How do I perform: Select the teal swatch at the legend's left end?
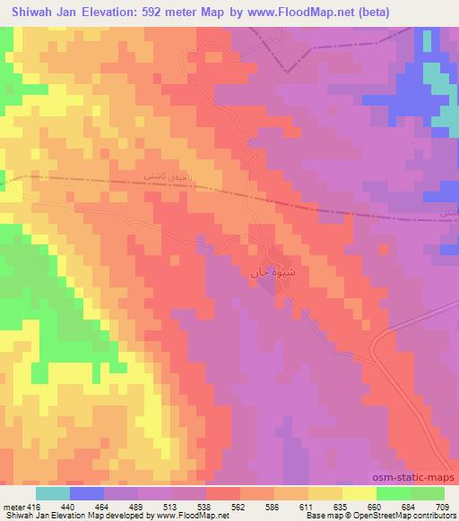coord(53,493)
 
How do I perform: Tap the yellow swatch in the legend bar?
coord(359,493)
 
